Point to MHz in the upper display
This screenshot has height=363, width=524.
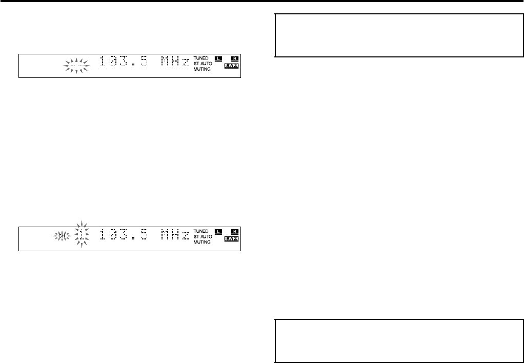[173, 63]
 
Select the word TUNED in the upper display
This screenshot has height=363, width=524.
[201, 58]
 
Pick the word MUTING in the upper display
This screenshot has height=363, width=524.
[203, 69]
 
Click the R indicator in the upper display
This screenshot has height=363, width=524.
[235, 58]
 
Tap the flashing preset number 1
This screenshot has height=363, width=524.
[81, 236]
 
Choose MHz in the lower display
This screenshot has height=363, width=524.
[173, 236]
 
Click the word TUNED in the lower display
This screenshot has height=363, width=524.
[201, 231]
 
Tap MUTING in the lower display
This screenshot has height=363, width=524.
[203, 242]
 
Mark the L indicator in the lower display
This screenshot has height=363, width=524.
[218, 231]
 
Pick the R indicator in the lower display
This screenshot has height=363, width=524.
[235, 231]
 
